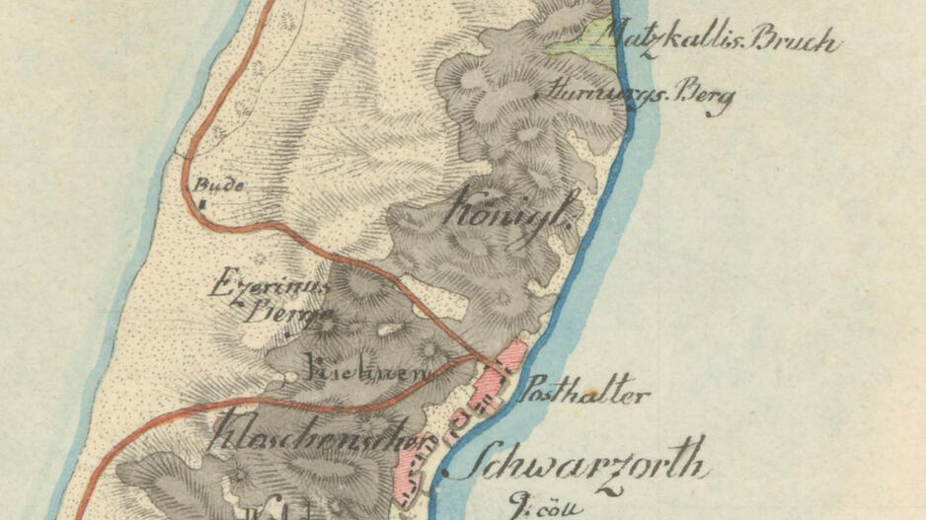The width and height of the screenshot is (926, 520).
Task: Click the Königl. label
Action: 511,210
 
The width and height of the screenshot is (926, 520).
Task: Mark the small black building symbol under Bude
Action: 202,204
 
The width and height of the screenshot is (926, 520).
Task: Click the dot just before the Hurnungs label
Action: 537,96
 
